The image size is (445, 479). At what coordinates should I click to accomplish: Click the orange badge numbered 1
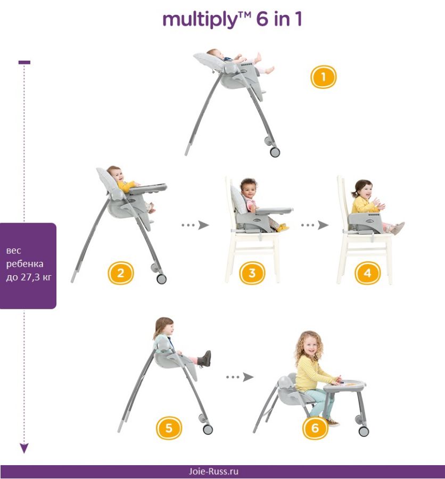point(323,77)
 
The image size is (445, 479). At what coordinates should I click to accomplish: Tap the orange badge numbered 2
point(120,273)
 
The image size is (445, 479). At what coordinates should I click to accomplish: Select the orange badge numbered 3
point(252,273)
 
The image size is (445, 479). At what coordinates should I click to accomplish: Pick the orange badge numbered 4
point(367,273)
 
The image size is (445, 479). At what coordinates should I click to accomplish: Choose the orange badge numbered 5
point(169,428)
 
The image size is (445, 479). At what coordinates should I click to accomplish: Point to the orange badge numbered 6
point(315,428)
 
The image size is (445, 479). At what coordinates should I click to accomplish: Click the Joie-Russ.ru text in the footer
point(213,471)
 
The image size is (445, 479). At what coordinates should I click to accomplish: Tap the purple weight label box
point(28,266)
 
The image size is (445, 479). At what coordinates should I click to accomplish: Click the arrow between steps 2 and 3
point(195,225)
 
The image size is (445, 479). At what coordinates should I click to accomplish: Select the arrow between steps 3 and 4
point(315,225)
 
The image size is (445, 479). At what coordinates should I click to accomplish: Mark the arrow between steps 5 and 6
point(240,377)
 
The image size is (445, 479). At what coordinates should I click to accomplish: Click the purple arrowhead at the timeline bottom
point(24,448)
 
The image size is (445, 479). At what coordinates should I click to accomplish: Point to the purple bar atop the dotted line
point(24,62)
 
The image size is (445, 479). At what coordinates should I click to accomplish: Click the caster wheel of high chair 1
point(275,152)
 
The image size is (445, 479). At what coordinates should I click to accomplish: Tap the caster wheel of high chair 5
point(208,429)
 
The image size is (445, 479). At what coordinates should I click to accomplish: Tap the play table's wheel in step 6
point(364,431)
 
